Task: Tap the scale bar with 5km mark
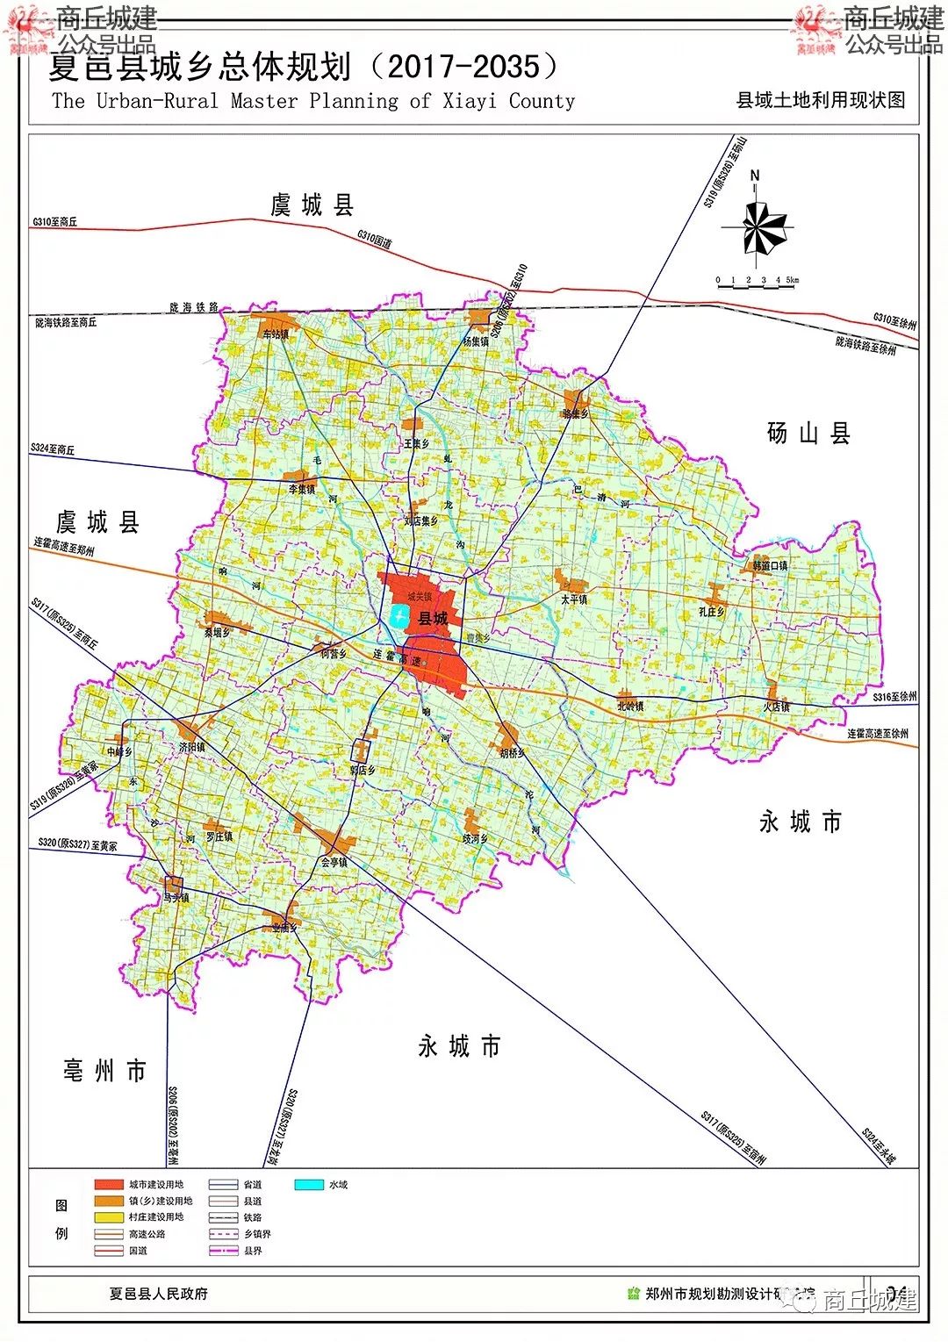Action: click(x=758, y=281)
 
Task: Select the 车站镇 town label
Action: click(x=276, y=334)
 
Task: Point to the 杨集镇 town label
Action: click(x=476, y=341)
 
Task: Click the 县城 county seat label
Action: click(x=433, y=619)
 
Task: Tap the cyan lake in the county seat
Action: click(x=399, y=616)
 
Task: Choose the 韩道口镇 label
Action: click(x=770, y=566)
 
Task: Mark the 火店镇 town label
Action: click(x=776, y=707)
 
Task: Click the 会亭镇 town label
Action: click(x=334, y=862)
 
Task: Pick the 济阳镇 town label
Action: click(x=192, y=747)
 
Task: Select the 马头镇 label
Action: click(x=176, y=898)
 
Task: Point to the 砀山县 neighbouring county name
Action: click(x=808, y=434)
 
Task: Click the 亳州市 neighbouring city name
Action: click(x=104, y=1071)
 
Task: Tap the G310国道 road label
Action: click(x=375, y=239)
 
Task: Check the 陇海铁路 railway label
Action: click(x=194, y=308)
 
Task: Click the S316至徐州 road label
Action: click(x=894, y=697)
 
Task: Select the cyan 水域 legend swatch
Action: click(x=309, y=1184)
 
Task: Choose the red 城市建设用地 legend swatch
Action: click(x=109, y=1184)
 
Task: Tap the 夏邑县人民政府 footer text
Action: click(x=159, y=1293)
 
